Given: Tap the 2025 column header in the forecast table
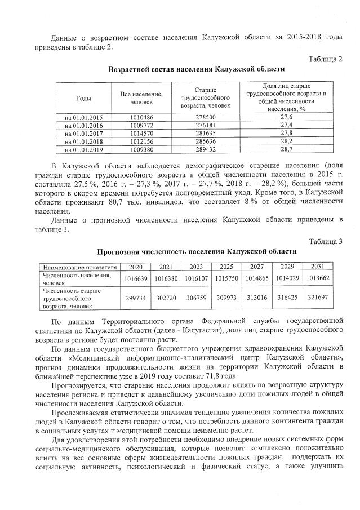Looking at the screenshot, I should point(226,267).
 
